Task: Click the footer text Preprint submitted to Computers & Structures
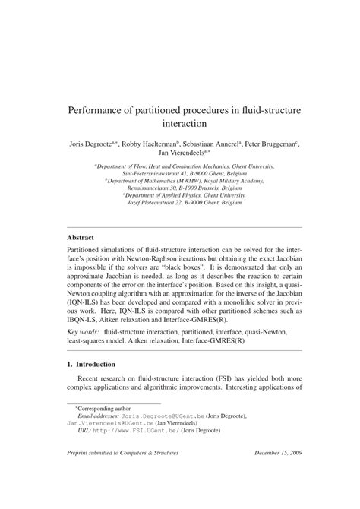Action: click(126, 476)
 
